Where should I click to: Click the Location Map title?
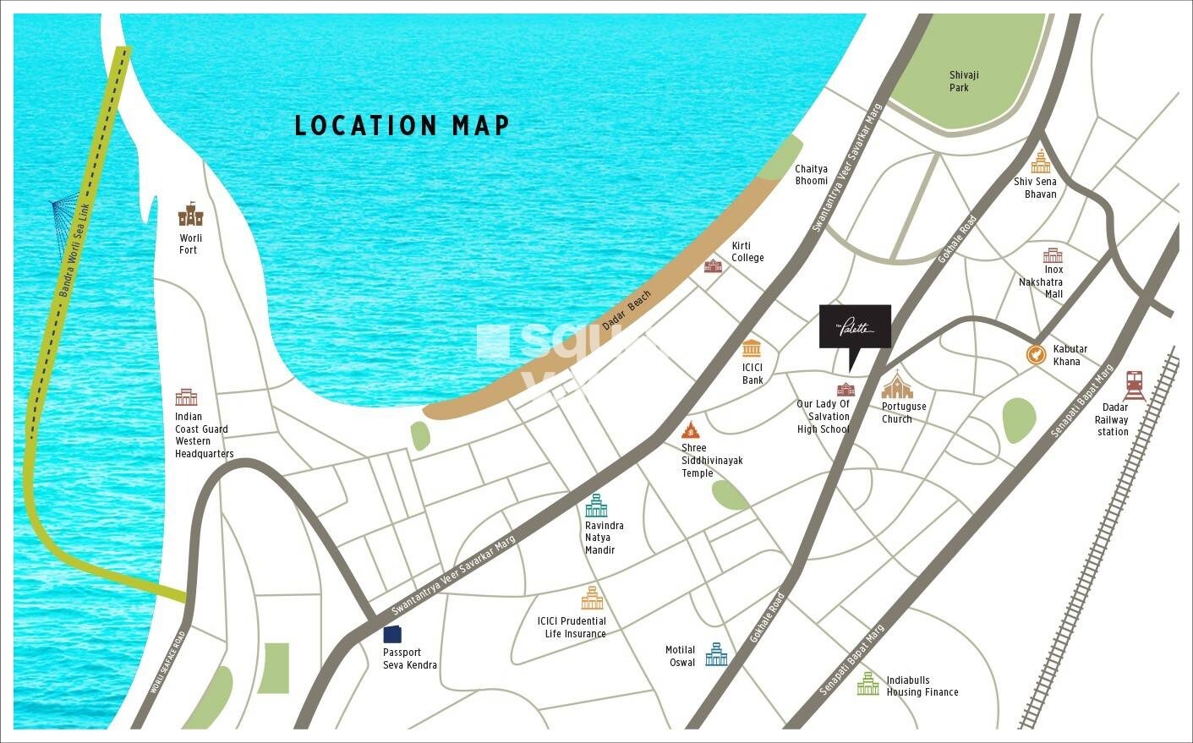click(x=402, y=125)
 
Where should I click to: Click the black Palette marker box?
click(x=855, y=327)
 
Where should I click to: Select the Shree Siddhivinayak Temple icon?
click(x=691, y=429)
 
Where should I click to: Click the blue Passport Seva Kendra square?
click(x=392, y=634)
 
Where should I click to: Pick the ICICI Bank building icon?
click(x=752, y=348)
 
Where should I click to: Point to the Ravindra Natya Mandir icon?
click(x=596, y=505)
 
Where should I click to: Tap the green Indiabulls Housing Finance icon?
click(x=867, y=684)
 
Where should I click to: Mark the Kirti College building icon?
click(x=713, y=265)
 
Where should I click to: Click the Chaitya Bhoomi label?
click(x=811, y=175)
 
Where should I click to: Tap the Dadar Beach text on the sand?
click(x=627, y=310)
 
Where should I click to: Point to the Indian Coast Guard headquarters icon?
click(x=186, y=396)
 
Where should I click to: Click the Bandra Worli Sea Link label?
click(x=74, y=249)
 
